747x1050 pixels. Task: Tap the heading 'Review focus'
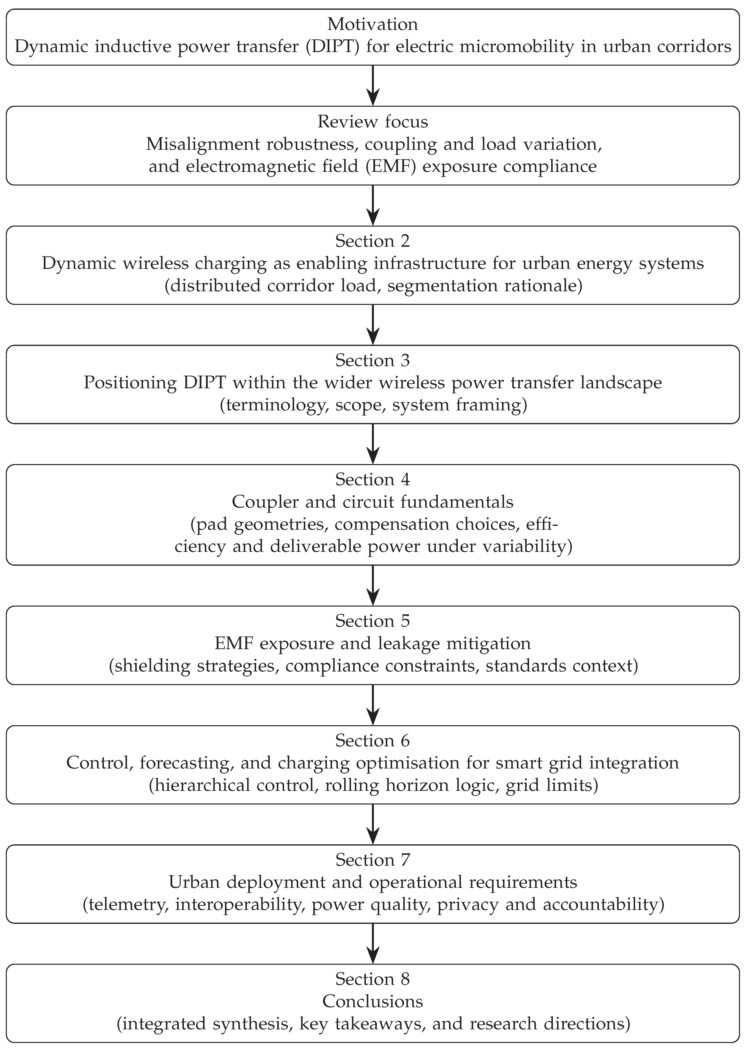pyautogui.click(x=373, y=122)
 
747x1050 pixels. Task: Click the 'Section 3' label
pyautogui.click(x=373, y=361)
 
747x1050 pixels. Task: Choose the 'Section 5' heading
pyautogui.click(x=373, y=621)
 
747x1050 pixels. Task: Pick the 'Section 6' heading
pyautogui.click(x=373, y=741)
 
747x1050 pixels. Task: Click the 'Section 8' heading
pyautogui.click(x=373, y=979)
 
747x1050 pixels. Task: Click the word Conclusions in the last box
pyautogui.click(x=373, y=1001)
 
